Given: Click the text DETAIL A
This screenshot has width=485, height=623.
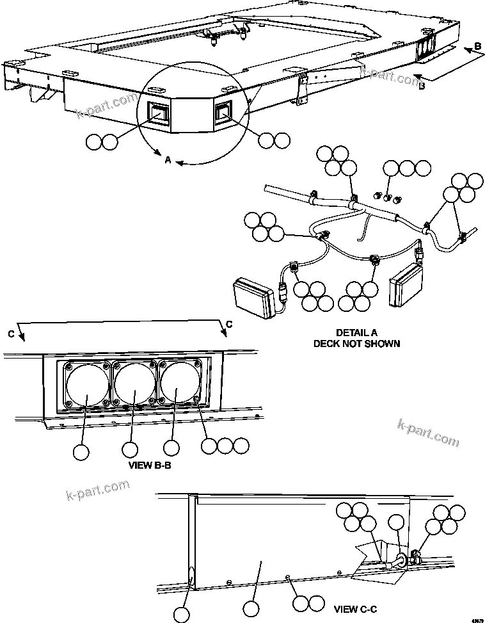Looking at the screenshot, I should click(x=356, y=333).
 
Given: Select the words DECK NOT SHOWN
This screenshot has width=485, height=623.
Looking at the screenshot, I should click(x=356, y=343).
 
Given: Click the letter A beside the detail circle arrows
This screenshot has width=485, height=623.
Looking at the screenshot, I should click(x=168, y=161).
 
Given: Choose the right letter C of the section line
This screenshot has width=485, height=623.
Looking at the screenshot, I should click(x=228, y=325).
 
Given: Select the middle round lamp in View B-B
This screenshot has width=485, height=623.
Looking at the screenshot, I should click(x=135, y=384).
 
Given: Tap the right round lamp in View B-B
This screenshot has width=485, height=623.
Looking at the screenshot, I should click(x=178, y=384).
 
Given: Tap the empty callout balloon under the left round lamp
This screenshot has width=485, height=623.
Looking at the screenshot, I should click(x=81, y=452).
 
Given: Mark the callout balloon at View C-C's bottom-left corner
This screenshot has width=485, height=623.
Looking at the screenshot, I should click(x=182, y=615).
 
